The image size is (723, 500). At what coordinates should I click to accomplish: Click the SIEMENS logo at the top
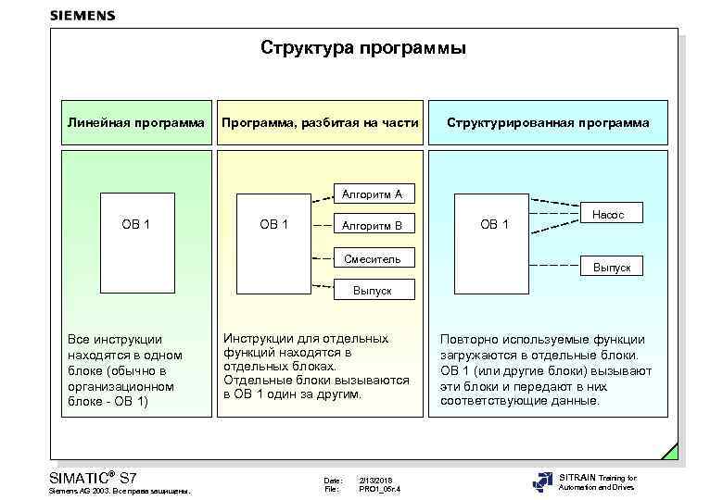coord(82,15)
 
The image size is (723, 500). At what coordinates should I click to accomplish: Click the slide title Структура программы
coord(362,47)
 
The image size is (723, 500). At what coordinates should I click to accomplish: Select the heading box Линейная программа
coord(136,122)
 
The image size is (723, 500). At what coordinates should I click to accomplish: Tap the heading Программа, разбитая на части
coord(319,122)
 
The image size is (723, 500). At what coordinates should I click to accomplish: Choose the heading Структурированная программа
coord(548,122)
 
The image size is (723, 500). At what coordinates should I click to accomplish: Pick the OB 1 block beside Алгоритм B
coord(273,225)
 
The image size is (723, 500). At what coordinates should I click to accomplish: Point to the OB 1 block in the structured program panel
coord(493,225)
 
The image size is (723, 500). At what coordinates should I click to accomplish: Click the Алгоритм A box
coord(372,194)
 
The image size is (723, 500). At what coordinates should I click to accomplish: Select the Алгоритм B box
coord(372,226)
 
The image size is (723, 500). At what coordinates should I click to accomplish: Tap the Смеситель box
coord(372,258)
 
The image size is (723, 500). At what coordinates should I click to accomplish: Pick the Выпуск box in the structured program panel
coord(612,267)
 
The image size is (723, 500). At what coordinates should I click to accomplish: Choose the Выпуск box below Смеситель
coord(372,290)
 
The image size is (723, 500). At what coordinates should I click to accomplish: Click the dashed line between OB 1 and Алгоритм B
coord(323,225)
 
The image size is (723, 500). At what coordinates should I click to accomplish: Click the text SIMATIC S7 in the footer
coord(92,477)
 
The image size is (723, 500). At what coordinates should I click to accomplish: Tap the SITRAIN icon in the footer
coord(543,482)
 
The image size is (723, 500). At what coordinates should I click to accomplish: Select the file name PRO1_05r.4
coord(380,489)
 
